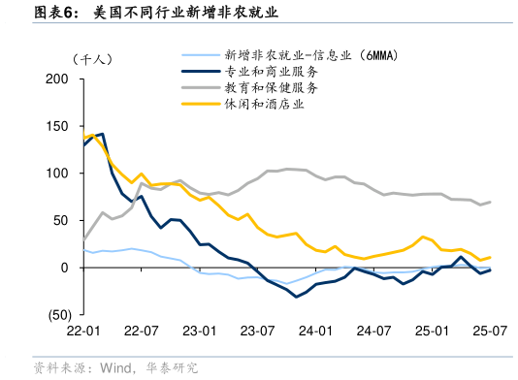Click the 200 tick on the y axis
pos(58,79)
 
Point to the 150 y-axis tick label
pos(58,127)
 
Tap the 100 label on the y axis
pos(58,174)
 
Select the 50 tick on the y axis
pos(62,221)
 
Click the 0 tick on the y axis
pos(65,268)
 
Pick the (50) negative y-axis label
pos(56,315)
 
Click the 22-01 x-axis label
pos(84,332)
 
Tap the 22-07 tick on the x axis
pos(143,332)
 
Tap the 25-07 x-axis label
pos(487,332)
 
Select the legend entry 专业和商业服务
pos(272,71)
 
